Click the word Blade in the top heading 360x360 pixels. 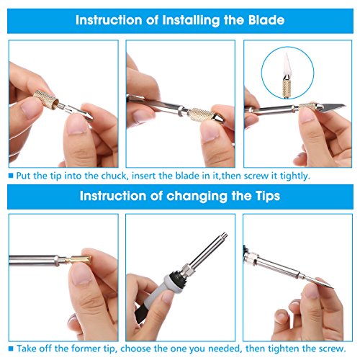(x=266, y=20)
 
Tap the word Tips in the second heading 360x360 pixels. (x=267, y=196)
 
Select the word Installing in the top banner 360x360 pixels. (x=191, y=21)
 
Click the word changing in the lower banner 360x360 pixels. (x=197, y=197)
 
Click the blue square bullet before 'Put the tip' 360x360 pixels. (x=11, y=176)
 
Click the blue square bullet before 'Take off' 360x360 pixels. (x=11, y=348)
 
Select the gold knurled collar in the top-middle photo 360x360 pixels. (x=200, y=114)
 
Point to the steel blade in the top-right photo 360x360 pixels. (x=333, y=107)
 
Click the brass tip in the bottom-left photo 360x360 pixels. (x=77, y=260)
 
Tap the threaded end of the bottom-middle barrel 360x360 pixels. (x=224, y=235)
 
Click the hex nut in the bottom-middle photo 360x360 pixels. (x=188, y=270)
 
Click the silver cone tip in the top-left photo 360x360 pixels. (x=88, y=115)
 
